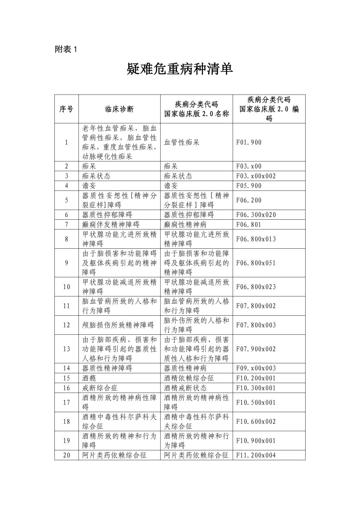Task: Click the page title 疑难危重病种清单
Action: pyautogui.click(x=180, y=69)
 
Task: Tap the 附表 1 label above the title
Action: pyautogui.click(x=66, y=49)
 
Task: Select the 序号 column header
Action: pyautogui.click(x=66, y=109)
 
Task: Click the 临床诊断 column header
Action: pyautogui.click(x=119, y=109)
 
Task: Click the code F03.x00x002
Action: pyautogui.click(x=256, y=176)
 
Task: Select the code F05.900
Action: pyautogui.click(x=249, y=186)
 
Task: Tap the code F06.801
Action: pyautogui.click(x=249, y=224)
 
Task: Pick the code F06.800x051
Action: pyautogui.click(x=256, y=263)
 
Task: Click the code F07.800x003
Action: pyautogui.click(x=256, y=325)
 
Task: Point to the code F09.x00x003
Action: pyautogui.click(x=256, y=368)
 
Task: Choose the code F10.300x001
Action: pyautogui.click(x=256, y=388)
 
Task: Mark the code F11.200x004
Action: pyautogui.click(x=256, y=455)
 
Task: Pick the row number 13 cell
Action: pyautogui.click(x=66, y=349)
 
